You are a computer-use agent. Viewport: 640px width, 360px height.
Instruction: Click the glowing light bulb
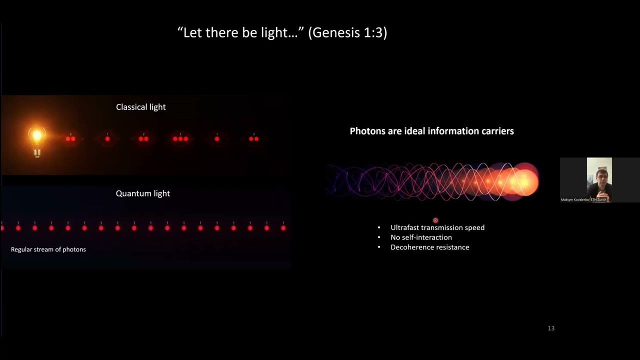coord(37,136)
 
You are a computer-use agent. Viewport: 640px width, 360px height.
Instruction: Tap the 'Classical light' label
coord(140,107)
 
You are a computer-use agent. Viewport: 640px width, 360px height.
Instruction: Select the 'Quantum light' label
coord(142,193)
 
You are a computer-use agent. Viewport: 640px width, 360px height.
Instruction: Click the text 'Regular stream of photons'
coord(48,249)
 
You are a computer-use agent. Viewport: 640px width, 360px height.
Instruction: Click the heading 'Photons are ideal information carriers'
coord(431,131)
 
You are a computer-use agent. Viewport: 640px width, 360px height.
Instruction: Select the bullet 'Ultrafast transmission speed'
coord(437,227)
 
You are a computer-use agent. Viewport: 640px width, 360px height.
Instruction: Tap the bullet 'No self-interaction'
coord(421,237)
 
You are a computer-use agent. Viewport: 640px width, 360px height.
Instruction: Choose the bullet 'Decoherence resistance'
coord(429,247)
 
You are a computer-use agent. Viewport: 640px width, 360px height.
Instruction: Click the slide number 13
coord(551,328)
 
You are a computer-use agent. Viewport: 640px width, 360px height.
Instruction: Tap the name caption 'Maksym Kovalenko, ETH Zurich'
coord(583,199)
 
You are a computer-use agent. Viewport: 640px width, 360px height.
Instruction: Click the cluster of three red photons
coord(180,138)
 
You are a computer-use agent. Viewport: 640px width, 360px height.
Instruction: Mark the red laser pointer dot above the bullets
coord(435,220)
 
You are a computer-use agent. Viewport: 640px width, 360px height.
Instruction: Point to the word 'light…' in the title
coord(281,33)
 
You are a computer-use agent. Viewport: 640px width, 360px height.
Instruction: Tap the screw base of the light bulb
coord(37,152)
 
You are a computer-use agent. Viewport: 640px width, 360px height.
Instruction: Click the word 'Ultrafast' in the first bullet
coord(404,227)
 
